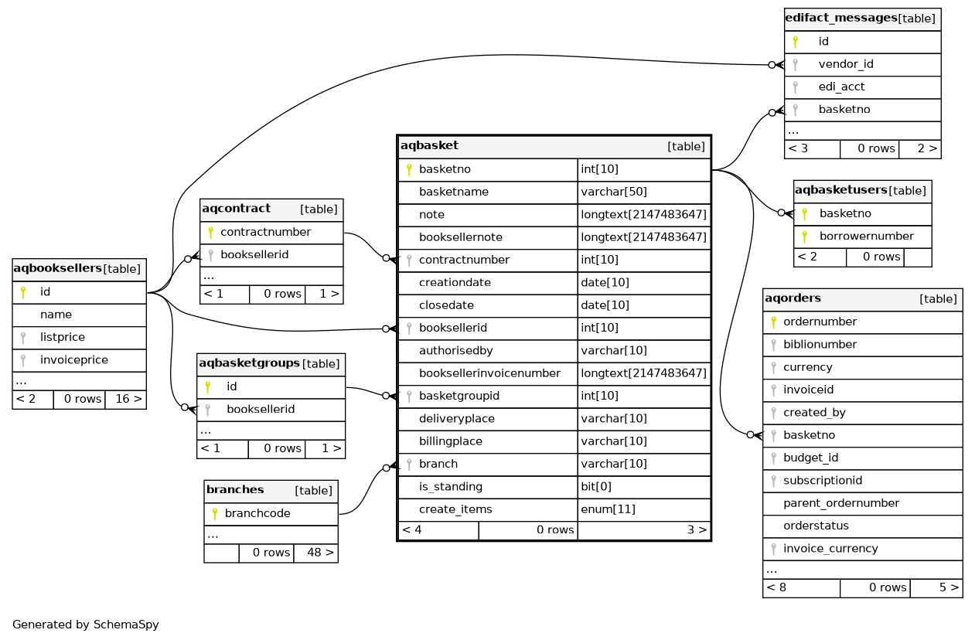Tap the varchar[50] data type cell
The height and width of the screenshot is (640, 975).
coord(614,192)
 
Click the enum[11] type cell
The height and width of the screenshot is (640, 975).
coord(608,509)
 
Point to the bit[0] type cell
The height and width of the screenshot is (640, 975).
coord(596,487)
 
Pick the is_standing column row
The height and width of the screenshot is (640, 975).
coord(450,487)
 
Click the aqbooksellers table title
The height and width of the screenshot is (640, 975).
coord(57,269)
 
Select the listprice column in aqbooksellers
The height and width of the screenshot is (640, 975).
coord(63,338)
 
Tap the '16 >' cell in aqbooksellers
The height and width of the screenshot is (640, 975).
coord(126,399)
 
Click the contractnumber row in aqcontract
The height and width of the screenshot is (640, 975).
coord(265,233)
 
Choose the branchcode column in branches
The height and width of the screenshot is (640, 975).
coord(257,514)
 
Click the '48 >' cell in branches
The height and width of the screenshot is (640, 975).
coord(315,553)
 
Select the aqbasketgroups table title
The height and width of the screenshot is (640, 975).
coord(249,363)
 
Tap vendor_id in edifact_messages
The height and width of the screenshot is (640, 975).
coord(846,65)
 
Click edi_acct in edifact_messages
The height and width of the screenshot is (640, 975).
coord(841,87)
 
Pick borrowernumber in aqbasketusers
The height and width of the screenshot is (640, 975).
coord(866,237)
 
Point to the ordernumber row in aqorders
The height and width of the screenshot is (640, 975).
coord(820,322)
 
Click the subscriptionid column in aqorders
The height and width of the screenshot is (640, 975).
coord(823,481)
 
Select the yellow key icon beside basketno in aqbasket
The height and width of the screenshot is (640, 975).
coord(409,170)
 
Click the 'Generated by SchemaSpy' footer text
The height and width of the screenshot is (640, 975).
coord(86,625)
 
